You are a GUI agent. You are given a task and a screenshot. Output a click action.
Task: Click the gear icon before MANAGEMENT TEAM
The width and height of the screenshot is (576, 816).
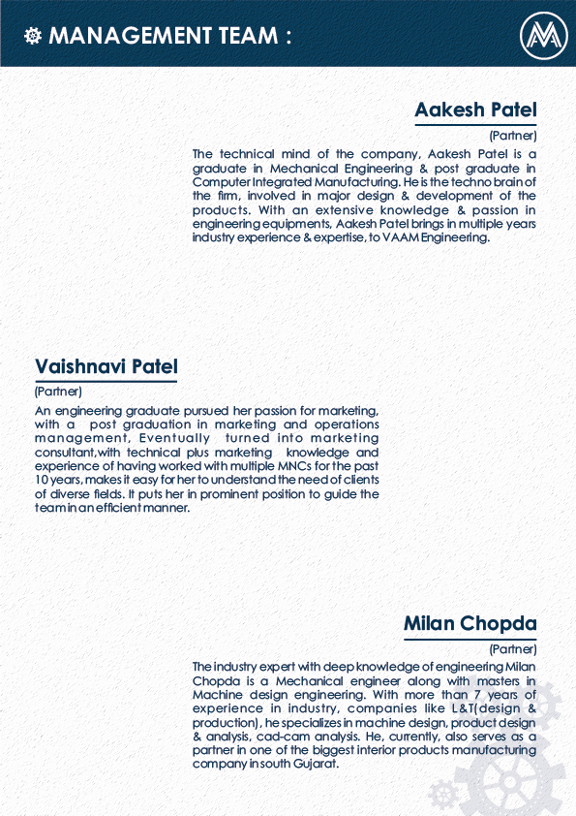(x=32, y=36)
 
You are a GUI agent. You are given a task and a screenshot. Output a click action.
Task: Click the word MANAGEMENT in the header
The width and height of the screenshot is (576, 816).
(x=126, y=36)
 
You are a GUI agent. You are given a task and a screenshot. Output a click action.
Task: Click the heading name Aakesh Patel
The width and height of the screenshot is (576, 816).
(x=475, y=110)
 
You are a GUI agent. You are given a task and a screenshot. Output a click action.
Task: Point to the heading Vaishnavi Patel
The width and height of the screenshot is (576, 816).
(x=106, y=366)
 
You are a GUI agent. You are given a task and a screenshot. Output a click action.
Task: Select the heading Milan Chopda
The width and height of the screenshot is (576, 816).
(x=470, y=622)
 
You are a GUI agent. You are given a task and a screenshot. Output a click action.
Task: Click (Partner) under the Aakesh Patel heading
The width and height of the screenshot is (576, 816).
(x=513, y=136)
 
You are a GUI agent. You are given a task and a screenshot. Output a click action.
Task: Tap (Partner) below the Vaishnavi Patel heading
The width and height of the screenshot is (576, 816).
(x=58, y=392)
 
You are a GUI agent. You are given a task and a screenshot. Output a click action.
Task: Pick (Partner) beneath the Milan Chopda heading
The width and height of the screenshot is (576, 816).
(x=513, y=648)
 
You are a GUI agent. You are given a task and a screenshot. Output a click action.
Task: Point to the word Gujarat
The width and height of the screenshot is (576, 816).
(x=317, y=764)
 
